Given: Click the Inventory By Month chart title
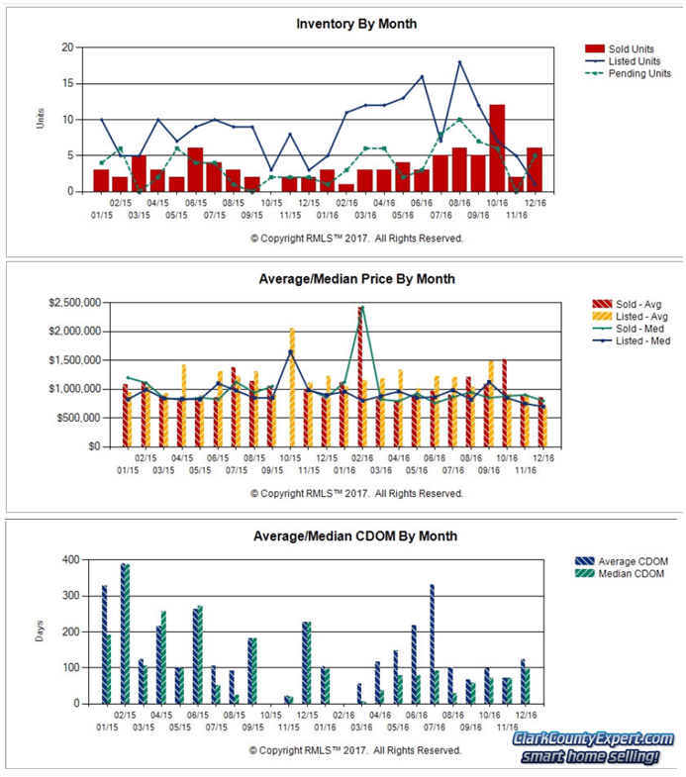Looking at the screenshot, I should click(x=357, y=24).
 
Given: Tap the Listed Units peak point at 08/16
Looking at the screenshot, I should click(x=459, y=62).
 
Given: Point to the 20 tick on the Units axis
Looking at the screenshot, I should click(x=67, y=48).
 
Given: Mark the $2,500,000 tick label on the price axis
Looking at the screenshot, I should click(x=71, y=303).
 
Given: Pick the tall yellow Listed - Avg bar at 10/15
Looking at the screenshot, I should click(x=293, y=387).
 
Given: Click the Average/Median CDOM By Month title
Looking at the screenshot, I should click(x=357, y=536).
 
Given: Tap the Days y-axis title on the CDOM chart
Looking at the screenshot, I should click(x=41, y=631).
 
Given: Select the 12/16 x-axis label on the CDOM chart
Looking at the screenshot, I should click(x=527, y=714).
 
